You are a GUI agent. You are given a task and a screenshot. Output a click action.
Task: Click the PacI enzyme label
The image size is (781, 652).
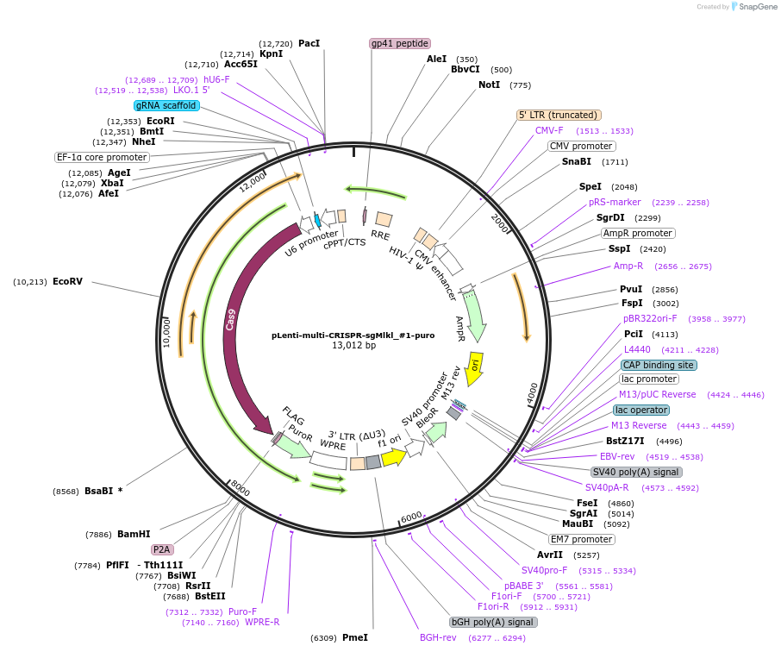pos(309,43)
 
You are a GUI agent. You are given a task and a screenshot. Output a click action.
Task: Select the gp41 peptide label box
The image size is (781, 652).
pos(400,43)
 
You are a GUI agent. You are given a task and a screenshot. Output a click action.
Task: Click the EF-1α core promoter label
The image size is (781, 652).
pos(102,157)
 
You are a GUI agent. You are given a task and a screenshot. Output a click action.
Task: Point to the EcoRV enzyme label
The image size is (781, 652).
pos(67,281)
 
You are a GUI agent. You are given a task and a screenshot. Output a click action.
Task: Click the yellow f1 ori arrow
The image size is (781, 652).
pos(394,457)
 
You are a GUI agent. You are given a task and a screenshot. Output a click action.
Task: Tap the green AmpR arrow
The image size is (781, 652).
pos(473,316)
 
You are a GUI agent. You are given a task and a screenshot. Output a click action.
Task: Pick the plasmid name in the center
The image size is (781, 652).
pos(353,335)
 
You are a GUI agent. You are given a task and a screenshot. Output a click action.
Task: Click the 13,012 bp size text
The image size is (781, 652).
pos(354,346)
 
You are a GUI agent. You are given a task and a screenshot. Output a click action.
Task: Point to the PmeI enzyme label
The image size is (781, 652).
pos(354,637)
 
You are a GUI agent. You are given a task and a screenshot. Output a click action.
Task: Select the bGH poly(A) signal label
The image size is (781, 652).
pos(493,622)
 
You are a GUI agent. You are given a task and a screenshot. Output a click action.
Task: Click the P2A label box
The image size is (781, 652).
pos(162,549)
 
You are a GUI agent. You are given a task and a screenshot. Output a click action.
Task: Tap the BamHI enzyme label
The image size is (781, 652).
pos(134,534)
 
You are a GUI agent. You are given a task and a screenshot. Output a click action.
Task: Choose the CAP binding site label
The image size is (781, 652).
pos(659,365)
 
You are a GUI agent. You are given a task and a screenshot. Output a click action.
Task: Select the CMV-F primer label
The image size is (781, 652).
pos(549,130)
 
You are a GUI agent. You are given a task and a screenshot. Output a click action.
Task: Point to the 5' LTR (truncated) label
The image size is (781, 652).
pos(559,115)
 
